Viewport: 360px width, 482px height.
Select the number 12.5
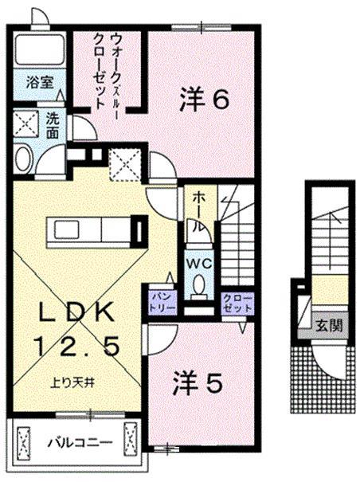click(79, 346)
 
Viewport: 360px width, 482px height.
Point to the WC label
click(198, 261)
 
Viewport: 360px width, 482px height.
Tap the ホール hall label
click(196, 210)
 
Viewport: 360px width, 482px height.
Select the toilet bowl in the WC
click(198, 285)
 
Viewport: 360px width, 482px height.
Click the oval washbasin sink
click(22, 156)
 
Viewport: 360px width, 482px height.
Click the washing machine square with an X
click(25, 124)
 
